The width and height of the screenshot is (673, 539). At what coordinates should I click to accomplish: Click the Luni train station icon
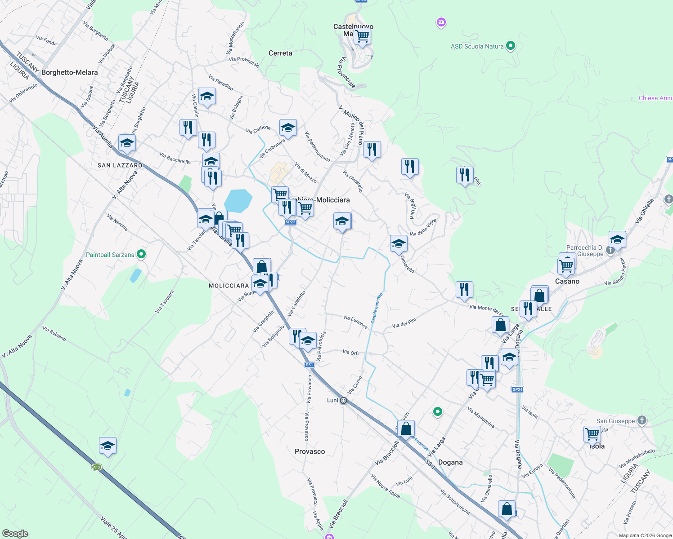pos(343,400)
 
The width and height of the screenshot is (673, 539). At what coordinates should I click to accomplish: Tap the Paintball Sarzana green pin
pos(141,255)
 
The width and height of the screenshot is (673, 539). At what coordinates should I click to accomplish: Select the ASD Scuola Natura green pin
pos(510,46)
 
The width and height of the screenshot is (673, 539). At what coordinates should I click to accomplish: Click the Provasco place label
pos(310,451)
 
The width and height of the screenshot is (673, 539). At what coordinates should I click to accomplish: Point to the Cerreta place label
pos(280,53)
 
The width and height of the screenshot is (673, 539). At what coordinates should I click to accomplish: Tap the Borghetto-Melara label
pos(69,72)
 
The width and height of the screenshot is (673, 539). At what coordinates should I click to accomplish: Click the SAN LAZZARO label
pos(120,165)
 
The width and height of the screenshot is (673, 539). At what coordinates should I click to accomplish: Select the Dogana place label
pos(450,462)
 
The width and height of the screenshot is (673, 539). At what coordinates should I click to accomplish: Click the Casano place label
pos(567,281)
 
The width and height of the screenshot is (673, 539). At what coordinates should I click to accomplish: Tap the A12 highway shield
pos(96,467)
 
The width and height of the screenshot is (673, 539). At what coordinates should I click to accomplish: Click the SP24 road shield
pos(517,389)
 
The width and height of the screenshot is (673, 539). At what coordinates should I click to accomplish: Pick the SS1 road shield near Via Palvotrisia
pos(309,365)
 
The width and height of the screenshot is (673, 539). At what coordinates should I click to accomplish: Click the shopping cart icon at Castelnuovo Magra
pos(362,35)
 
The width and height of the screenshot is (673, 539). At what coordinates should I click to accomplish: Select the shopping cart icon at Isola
pos(592,434)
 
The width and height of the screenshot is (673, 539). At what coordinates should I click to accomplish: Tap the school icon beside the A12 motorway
pos(108,446)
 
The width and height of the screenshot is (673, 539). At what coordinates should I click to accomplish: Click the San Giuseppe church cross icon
pos(642,420)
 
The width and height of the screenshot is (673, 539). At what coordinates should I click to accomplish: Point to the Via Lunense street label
pos(355,322)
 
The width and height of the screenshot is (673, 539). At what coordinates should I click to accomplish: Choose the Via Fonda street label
pos(46,41)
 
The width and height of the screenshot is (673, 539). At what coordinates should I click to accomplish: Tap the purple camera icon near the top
pos(441,22)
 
